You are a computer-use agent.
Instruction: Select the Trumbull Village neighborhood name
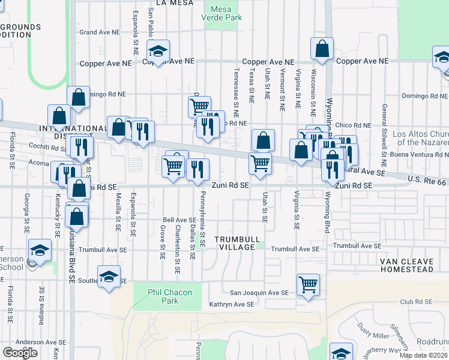(x=240, y=243)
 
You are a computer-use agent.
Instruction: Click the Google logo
(x=20, y=353)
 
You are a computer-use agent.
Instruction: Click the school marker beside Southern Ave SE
(x=109, y=277)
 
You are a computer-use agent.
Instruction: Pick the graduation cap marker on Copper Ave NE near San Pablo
(x=158, y=52)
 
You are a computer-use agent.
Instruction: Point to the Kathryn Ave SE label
(x=232, y=305)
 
